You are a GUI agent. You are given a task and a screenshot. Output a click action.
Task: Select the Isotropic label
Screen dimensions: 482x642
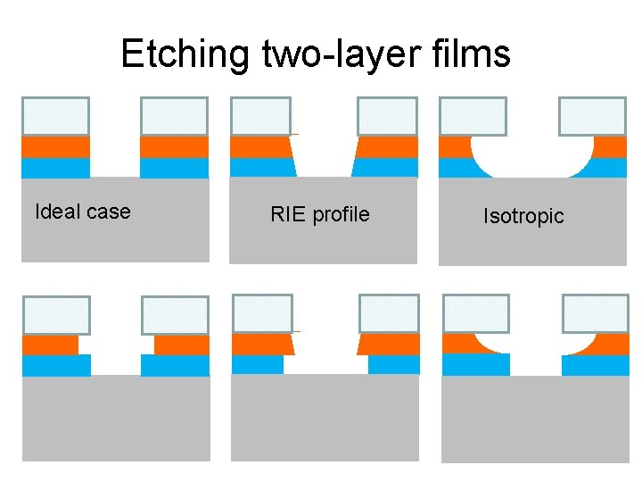(523, 216)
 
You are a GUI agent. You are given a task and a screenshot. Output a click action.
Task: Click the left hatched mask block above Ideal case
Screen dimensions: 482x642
(55, 116)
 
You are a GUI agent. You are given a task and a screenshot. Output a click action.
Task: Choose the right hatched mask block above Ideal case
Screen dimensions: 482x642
(175, 116)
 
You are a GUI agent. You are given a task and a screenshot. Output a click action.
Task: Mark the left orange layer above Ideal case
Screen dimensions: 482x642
(55, 146)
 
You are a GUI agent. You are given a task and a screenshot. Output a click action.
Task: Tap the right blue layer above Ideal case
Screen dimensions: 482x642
(175, 168)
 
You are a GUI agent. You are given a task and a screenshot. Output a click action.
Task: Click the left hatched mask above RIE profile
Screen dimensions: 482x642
(260, 116)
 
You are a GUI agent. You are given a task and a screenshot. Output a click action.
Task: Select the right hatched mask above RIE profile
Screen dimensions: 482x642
(387, 116)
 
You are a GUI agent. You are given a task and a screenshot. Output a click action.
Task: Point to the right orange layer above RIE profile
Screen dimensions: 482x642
(387, 146)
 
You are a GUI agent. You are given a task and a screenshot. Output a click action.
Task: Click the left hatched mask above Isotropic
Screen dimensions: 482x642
(473, 116)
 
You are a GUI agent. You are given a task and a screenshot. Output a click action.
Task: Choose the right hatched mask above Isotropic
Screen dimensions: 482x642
(592, 116)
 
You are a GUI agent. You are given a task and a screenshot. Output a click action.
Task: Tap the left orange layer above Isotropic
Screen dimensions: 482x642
(454, 146)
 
